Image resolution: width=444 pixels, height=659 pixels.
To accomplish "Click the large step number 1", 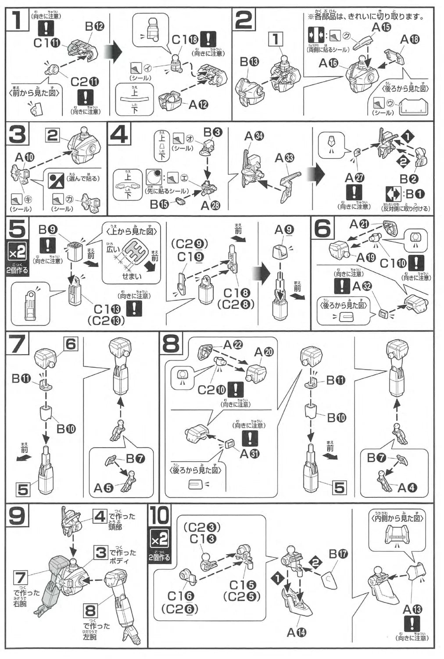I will (x=18, y=20).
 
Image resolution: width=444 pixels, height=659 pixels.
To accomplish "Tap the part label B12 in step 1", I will (x=94, y=26).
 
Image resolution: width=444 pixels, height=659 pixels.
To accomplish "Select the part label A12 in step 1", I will (x=198, y=105).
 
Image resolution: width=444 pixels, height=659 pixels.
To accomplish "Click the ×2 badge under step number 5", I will (x=17, y=253).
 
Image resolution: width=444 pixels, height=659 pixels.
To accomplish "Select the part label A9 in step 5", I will (x=284, y=229).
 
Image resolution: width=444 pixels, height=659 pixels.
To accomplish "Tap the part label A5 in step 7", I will (x=103, y=487).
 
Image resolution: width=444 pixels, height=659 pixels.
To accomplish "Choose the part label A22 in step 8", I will (x=233, y=345).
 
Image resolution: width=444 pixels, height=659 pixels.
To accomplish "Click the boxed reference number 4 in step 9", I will (x=100, y=516).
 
